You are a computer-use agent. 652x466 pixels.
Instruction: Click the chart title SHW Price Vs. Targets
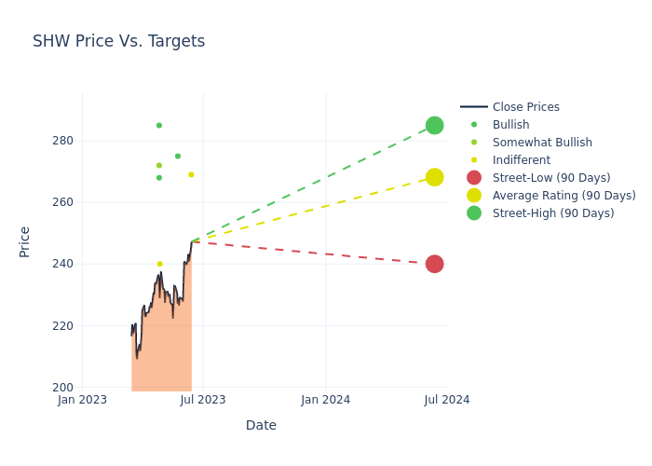tap(118, 42)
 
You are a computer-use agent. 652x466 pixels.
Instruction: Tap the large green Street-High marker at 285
tap(434, 126)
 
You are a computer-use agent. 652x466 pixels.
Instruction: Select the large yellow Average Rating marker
tap(434, 177)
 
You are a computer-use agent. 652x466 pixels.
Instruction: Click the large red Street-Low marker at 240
tap(434, 264)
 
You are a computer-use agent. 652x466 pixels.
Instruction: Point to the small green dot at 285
tap(159, 126)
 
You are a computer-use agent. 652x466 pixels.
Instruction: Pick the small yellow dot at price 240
tap(159, 264)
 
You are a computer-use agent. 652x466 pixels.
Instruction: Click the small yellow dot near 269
tap(191, 174)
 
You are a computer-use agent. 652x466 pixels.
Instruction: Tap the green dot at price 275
tap(178, 157)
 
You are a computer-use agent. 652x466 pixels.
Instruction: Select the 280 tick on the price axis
tap(62, 141)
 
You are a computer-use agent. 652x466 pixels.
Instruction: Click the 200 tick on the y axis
tap(62, 388)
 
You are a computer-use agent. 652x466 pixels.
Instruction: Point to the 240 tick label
tap(62, 264)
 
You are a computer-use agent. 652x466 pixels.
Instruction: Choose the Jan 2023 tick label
tap(82, 400)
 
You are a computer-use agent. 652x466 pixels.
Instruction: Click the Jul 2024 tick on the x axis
tap(447, 400)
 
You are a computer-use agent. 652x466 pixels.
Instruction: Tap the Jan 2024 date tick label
tap(326, 400)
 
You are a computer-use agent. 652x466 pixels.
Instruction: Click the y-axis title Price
tap(25, 241)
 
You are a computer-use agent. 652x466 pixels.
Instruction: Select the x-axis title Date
tap(261, 426)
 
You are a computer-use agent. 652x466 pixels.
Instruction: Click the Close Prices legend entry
tap(525, 107)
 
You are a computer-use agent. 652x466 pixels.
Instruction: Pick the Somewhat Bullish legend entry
tap(542, 143)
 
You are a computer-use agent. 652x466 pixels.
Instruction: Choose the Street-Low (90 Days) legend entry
tap(550, 178)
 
